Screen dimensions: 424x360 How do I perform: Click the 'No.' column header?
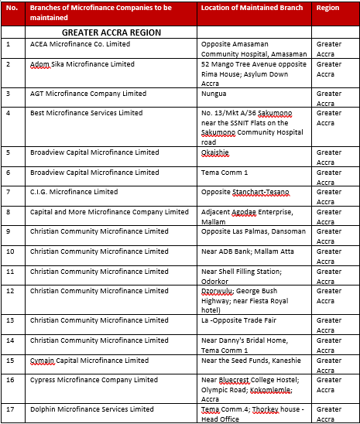[x=11, y=8]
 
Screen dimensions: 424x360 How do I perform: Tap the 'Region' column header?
[x=328, y=8]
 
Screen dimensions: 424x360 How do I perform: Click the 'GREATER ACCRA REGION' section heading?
[x=111, y=33]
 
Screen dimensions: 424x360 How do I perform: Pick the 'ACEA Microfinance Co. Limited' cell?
[x=79, y=44]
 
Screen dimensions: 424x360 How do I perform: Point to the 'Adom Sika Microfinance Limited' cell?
[x=82, y=64]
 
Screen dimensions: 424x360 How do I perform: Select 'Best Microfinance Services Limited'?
[x=86, y=113]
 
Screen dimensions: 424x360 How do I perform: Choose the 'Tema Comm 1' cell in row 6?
[x=225, y=173]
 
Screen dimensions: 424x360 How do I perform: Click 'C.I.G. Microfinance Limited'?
[x=74, y=192]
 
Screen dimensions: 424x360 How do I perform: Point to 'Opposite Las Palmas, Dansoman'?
[x=253, y=231]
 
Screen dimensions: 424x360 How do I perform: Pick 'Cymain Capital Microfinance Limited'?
[x=89, y=360]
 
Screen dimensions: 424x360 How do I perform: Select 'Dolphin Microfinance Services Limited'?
[x=92, y=409]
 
